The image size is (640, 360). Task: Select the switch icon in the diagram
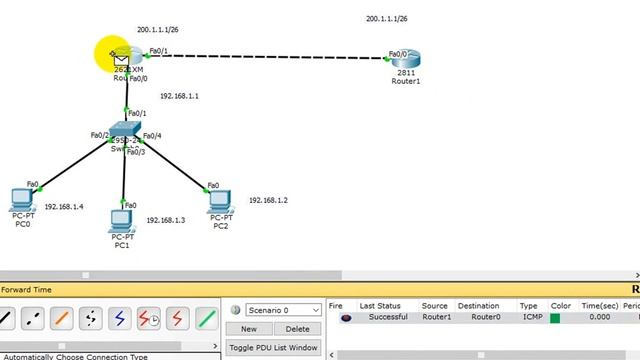127,131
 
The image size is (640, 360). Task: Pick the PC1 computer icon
122,219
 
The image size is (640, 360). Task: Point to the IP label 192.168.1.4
64,207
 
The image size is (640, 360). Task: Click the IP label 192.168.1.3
166,220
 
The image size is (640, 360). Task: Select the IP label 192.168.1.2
268,201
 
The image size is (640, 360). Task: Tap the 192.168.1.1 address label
180,96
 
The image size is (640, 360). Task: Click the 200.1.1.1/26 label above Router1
387,19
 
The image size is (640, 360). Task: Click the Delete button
298,329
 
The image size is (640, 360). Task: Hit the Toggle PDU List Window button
274,348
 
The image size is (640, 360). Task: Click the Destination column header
478,306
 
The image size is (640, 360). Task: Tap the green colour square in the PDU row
555,318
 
